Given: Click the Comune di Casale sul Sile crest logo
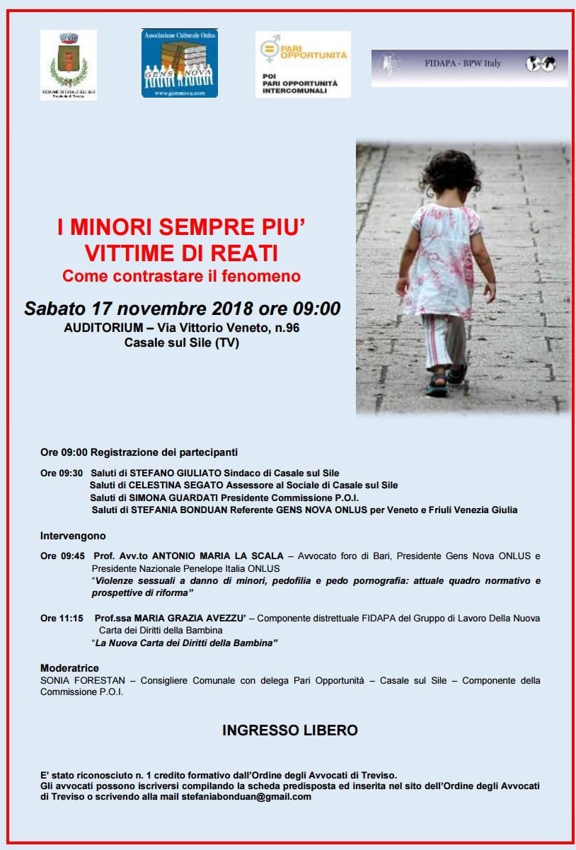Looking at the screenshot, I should [68, 64].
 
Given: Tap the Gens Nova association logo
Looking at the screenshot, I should [179, 63].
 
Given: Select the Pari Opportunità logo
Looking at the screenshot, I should [303, 64].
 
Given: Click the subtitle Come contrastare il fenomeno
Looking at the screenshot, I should [181, 276].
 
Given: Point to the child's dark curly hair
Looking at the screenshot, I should [450, 172].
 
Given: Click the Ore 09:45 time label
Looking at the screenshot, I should [62, 556].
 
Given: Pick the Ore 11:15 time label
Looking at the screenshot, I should [62, 618].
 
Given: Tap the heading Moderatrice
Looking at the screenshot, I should [69, 668].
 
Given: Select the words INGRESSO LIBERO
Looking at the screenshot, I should [290, 730].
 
